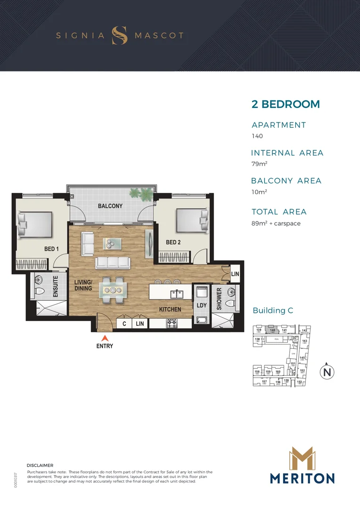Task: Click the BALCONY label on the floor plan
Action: (x=110, y=206)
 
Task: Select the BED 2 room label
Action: (x=173, y=242)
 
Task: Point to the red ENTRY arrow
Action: (x=105, y=338)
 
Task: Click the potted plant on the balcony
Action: (x=141, y=193)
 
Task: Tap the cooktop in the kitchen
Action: (x=172, y=323)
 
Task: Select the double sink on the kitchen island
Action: (x=177, y=295)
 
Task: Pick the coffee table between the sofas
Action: (x=112, y=243)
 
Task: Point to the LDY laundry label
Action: (x=202, y=305)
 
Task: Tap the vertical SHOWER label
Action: (x=219, y=299)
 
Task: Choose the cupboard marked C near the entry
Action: (x=124, y=324)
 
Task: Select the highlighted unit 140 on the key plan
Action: (x=272, y=331)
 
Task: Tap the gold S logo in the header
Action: (x=120, y=35)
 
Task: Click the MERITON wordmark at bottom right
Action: (x=302, y=478)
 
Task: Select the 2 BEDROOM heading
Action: (x=286, y=104)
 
